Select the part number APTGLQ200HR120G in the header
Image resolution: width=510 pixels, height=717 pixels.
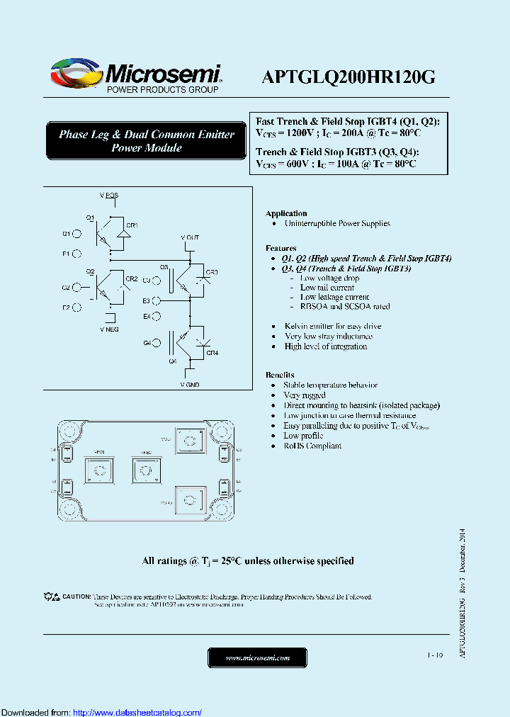click(348, 77)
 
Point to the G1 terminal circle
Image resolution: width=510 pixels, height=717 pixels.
click(77, 233)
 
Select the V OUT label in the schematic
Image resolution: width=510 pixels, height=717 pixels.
click(190, 237)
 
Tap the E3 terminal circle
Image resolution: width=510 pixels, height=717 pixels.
click(157, 301)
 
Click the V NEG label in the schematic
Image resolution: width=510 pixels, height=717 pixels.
click(109, 329)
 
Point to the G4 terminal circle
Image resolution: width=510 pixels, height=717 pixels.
click(157, 343)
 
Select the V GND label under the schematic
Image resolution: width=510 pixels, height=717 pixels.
click(190, 383)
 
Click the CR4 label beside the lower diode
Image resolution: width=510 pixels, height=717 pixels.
click(212, 352)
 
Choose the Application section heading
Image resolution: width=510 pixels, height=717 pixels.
click(286, 213)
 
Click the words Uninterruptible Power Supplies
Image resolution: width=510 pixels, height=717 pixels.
click(336, 223)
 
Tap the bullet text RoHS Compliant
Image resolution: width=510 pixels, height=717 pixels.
click(312, 446)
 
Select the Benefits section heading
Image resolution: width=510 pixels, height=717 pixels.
click(280, 374)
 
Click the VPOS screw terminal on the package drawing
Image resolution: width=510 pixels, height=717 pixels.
click(101, 470)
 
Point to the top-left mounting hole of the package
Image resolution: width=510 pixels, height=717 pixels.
click(69, 429)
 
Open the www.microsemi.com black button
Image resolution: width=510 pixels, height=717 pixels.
click(257, 657)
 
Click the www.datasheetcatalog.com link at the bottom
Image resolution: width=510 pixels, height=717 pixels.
click(137, 712)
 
